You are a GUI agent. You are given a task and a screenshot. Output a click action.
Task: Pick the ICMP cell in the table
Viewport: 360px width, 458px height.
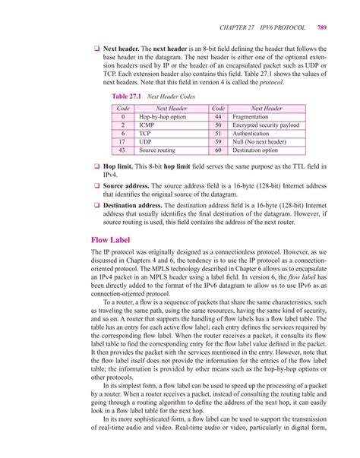point(147,125)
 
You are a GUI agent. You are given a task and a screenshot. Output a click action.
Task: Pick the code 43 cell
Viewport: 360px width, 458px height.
point(122,150)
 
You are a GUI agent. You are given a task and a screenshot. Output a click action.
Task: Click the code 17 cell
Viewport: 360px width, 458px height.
point(122,142)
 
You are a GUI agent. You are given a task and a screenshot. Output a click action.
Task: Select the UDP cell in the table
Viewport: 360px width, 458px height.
point(146,142)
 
